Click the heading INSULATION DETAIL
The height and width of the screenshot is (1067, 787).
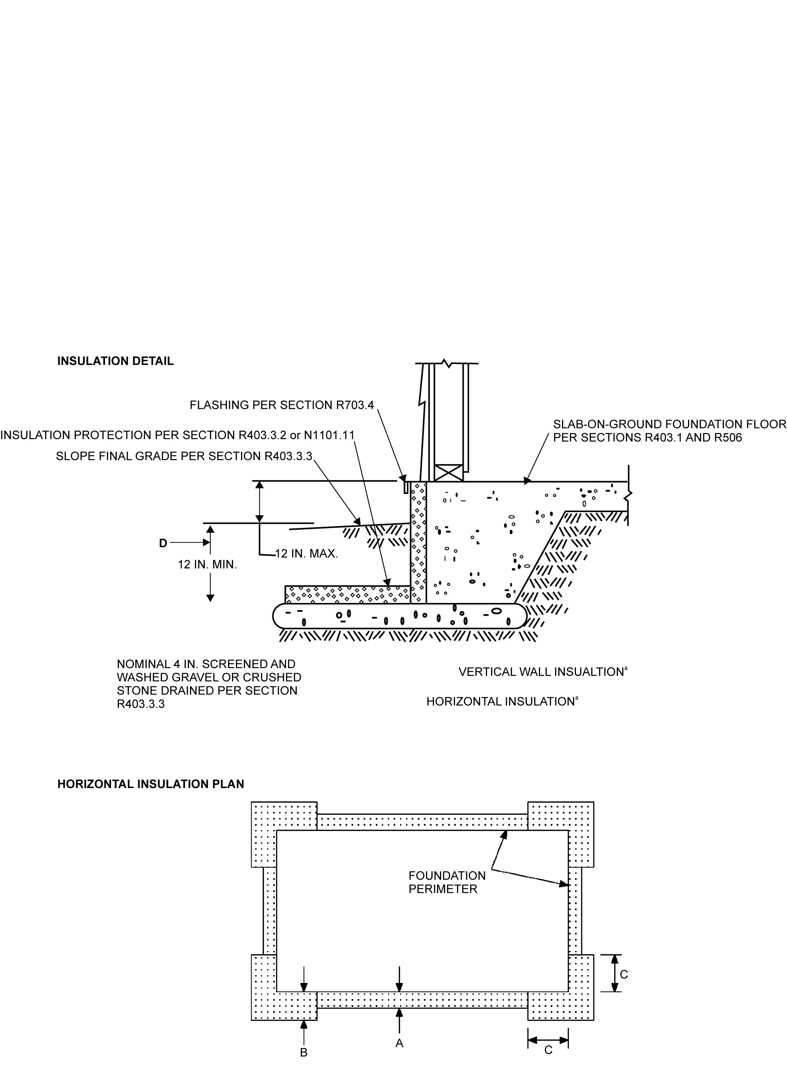pyautogui.click(x=115, y=361)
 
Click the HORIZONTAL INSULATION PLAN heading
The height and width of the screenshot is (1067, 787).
pyautogui.click(x=151, y=784)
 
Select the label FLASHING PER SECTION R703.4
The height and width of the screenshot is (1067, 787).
pyautogui.click(x=282, y=405)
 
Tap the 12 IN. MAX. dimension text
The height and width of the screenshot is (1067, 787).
pyautogui.click(x=306, y=554)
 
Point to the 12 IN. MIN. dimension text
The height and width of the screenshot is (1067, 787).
pyautogui.click(x=207, y=565)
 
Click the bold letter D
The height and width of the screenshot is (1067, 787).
pyautogui.click(x=163, y=543)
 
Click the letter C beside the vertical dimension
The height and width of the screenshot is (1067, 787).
pyautogui.click(x=624, y=974)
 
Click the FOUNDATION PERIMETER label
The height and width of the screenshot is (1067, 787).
pyautogui.click(x=447, y=882)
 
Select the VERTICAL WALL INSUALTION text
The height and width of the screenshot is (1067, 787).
pyautogui.click(x=542, y=672)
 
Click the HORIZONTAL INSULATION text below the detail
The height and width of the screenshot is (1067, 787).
pyautogui.click(x=501, y=702)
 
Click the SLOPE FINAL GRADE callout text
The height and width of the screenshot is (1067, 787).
pyautogui.click(x=184, y=456)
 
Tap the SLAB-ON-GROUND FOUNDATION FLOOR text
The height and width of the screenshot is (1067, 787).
pyautogui.click(x=669, y=424)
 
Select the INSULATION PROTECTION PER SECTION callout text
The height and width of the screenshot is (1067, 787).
pyautogui.click(x=177, y=435)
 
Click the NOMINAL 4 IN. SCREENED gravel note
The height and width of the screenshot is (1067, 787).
pyautogui.click(x=206, y=664)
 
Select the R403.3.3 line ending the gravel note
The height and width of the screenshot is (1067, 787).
pyautogui.click(x=141, y=704)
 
